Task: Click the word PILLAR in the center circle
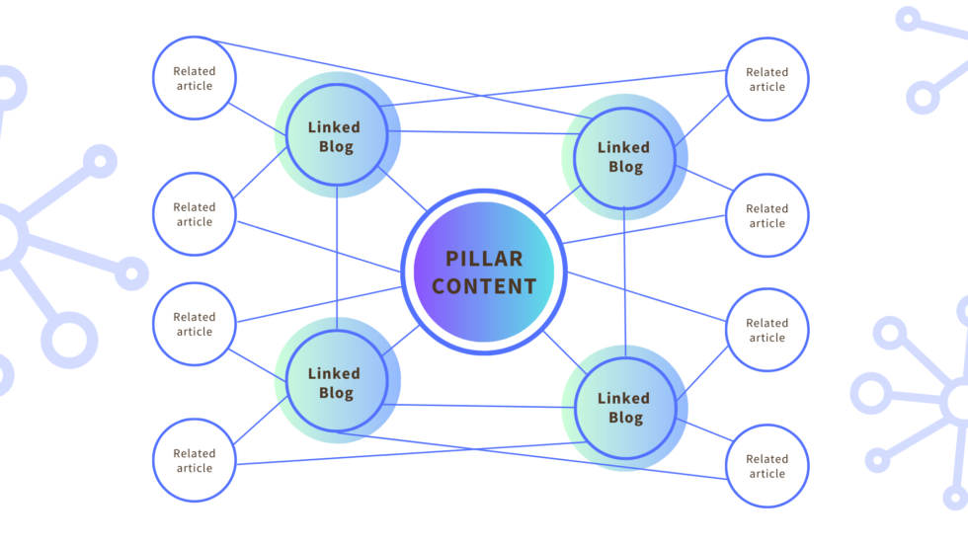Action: pyautogui.click(x=484, y=259)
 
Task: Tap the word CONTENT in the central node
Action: pyautogui.click(x=484, y=286)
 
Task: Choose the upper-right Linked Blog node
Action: pyautogui.click(x=624, y=157)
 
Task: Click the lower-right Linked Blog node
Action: pyautogui.click(x=624, y=408)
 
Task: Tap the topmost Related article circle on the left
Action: pyautogui.click(x=195, y=79)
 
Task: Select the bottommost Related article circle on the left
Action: pyautogui.click(x=195, y=460)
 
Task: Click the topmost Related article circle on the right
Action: pyautogui.click(x=766, y=79)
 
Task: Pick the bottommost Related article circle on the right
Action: pyautogui.click(x=766, y=466)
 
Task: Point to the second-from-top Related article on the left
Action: pyautogui.click(x=195, y=214)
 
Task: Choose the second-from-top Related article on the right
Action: pyautogui.click(x=766, y=215)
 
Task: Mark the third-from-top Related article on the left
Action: pyautogui.click(x=195, y=324)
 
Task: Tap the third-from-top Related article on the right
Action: pyautogui.click(x=766, y=330)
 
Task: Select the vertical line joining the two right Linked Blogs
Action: pyautogui.click(x=624, y=281)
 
